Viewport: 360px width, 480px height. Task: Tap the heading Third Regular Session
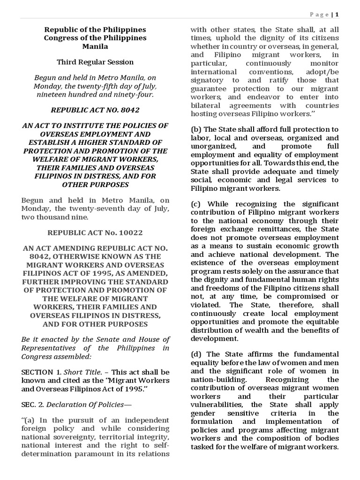pyautogui.click(x=95, y=62)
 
